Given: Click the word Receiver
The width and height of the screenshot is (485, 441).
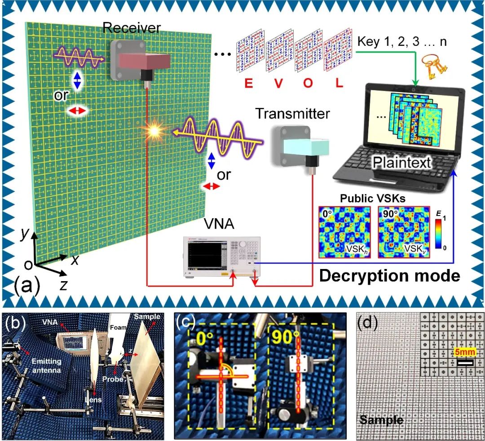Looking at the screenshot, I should (x=131, y=28).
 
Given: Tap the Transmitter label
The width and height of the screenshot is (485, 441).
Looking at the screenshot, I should (x=292, y=114).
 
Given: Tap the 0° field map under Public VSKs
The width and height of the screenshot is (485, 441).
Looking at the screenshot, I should (x=345, y=232).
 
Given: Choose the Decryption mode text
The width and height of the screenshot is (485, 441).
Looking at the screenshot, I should (x=389, y=275).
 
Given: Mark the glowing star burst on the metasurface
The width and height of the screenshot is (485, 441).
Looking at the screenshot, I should (x=156, y=131).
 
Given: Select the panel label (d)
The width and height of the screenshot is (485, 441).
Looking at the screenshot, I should (x=368, y=322).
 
